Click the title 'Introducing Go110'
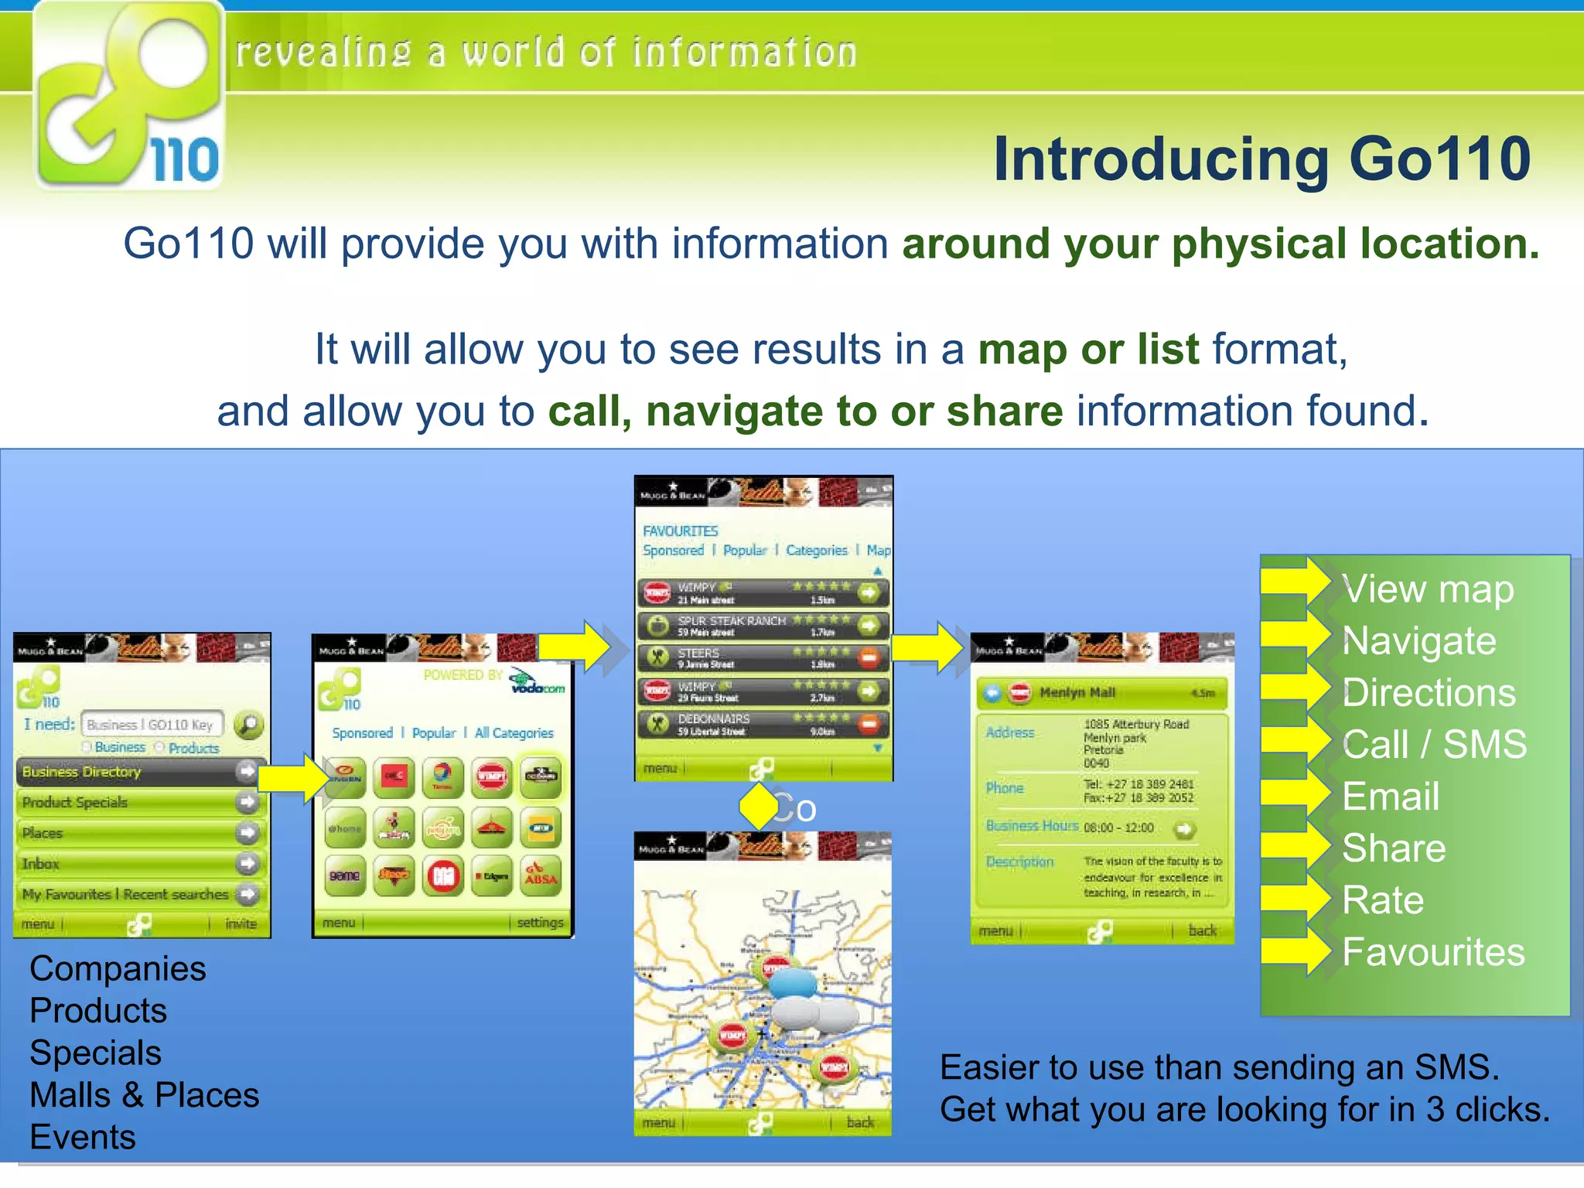coord(1261,159)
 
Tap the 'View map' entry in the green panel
coord(1428,590)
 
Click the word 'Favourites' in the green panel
coord(1433,952)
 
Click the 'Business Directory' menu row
coord(131,772)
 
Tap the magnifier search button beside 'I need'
coord(249,725)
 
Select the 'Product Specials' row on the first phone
coord(131,803)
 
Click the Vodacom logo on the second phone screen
coord(537,681)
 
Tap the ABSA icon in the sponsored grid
coord(541,876)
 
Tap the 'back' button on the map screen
coord(859,1122)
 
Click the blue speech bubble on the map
coord(792,983)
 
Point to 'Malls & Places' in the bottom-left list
coord(145,1095)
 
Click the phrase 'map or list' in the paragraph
coord(1088,350)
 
